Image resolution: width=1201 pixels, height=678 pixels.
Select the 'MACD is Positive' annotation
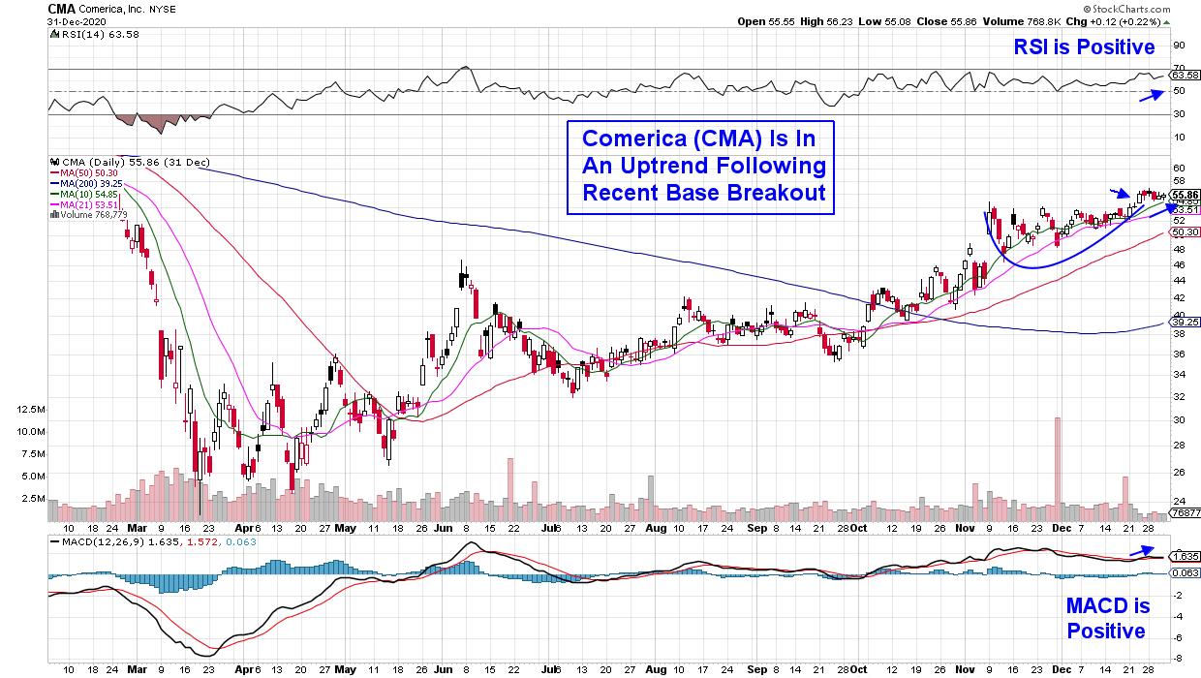point(1107,619)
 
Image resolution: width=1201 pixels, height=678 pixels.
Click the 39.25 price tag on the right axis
point(1185,323)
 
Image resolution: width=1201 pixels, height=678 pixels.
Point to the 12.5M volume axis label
point(28,410)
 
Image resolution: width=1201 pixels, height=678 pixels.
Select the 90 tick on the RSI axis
point(1179,45)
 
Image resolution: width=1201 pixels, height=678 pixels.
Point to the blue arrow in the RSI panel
point(1151,94)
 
